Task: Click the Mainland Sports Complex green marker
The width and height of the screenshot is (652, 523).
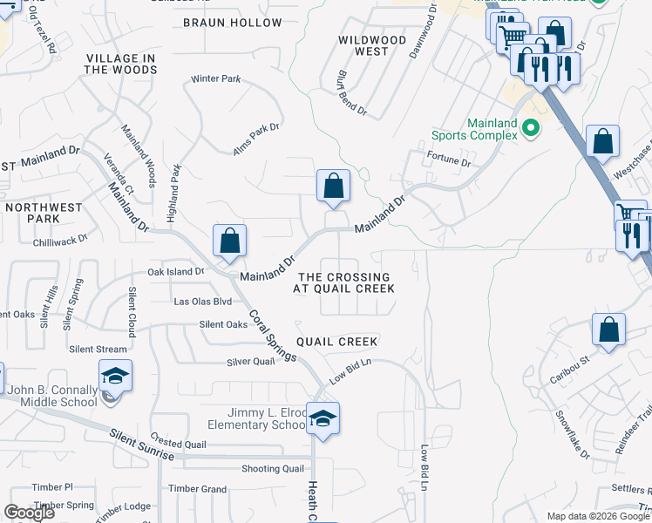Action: [x=529, y=132]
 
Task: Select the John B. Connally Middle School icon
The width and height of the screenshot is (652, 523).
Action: [x=114, y=376]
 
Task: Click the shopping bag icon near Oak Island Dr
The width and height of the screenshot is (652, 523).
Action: [x=229, y=240]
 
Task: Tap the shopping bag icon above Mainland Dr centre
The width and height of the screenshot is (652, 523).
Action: [x=333, y=185]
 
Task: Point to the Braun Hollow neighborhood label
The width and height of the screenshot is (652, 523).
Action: [x=233, y=23]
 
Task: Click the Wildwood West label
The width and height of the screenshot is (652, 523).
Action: [x=373, y=45]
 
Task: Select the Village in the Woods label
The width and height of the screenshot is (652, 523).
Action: [x=120, y=64]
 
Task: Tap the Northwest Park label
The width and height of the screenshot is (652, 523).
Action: [x=44, y=214]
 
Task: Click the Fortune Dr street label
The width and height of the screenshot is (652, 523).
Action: [x=449, y=162]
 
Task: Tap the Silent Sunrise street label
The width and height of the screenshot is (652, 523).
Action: [x=142, y=445]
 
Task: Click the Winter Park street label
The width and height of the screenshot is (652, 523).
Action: [x=215, y=79]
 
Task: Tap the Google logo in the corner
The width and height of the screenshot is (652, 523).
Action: [x=29, y=513]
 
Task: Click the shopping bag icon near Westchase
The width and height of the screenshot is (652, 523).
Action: [x=603, y=142]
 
